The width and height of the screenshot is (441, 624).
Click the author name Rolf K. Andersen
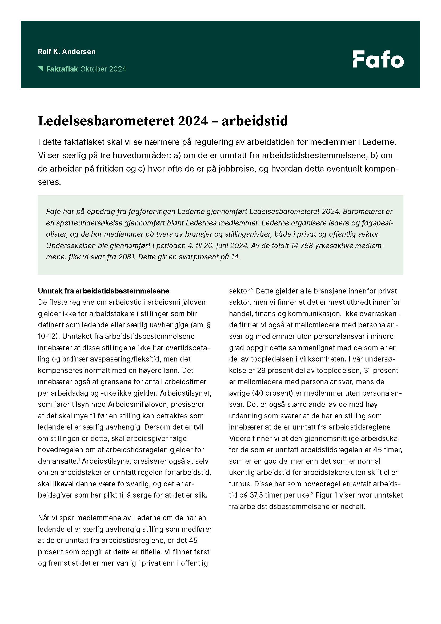67,52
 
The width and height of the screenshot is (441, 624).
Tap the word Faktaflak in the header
62,69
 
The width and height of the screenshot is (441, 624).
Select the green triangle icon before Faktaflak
41,69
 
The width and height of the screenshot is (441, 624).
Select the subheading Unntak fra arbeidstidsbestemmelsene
103,291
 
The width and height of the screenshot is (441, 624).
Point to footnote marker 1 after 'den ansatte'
79,460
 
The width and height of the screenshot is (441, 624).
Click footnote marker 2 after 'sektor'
252,289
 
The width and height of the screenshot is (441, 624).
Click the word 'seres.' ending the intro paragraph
49,182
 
